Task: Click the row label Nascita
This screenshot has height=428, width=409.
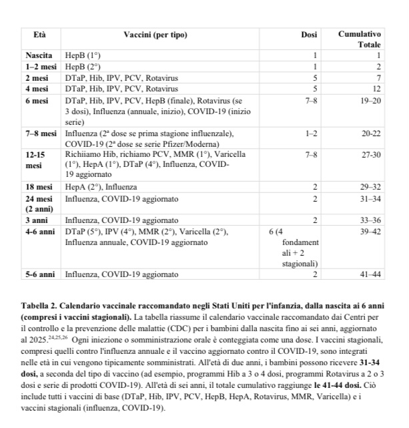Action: tap(39, 56)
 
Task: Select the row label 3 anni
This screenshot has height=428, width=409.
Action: tap(37, 220)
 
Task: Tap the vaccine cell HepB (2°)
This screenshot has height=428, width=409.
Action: tap(83, 67)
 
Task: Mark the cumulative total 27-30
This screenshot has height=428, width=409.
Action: tap(370, 154)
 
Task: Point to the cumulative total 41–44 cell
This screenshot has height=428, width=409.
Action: tap(370, 274)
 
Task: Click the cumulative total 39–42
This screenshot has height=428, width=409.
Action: tap(370, 231)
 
